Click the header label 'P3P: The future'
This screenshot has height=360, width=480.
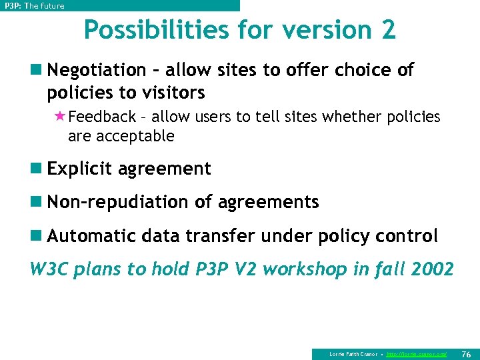click(x=34, y=6)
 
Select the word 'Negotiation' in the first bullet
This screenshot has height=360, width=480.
click(x=97, y=70)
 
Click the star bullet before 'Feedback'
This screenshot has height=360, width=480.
click(x=59, y=117)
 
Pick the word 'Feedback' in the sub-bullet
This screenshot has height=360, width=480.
click(x=102, y=117)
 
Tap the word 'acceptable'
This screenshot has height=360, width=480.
click(x=141, y=137)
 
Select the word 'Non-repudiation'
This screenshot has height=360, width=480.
click(x=119, y=202)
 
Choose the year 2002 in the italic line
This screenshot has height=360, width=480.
click(x=433, y=269)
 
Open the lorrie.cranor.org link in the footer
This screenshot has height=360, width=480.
click(x=417, y=354)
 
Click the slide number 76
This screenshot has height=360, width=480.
click(x=466, y=354)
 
